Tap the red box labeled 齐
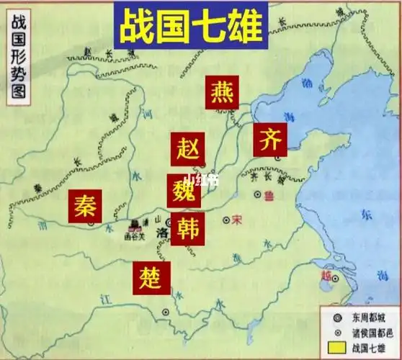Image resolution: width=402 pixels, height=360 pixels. click(x=270, y=138)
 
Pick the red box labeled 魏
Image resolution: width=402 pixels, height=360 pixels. click(x=184, y=190)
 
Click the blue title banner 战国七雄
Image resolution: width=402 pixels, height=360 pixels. click(x=190, y=24)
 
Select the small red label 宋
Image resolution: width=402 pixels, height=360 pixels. click(x=236, y=219)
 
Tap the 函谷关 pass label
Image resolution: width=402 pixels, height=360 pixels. click(x=135, y=234)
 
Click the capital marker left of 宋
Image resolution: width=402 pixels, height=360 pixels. click(x=226, y=220)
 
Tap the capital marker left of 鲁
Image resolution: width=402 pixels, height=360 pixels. click(x=256, y=194)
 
